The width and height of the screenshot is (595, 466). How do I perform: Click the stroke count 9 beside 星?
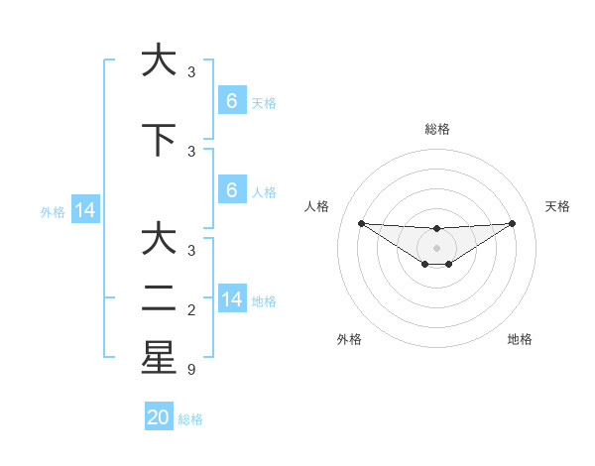point(191,370)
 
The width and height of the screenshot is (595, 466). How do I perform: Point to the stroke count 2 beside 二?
point(191,310)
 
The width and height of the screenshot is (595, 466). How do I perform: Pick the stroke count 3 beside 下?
point(191,151)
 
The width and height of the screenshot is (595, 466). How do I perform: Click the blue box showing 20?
point(159,417)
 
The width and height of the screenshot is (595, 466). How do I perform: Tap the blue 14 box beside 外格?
point(84,210)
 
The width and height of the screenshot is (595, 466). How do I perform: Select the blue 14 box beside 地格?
point(232,299)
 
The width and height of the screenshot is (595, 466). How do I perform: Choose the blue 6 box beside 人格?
point(232,190)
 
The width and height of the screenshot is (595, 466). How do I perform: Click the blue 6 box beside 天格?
point(232,101)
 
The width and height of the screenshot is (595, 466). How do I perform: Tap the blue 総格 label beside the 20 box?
point(190,419)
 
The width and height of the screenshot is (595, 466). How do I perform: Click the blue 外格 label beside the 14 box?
point(53,211)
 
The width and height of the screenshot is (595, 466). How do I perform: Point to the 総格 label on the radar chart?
point(436,129)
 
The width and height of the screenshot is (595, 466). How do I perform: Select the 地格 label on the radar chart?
point(520,339)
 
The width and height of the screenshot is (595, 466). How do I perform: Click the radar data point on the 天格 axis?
point(512,223)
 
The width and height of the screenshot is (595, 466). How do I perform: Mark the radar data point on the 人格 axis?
point(361,223)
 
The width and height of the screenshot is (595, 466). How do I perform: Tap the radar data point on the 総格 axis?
point(436,228)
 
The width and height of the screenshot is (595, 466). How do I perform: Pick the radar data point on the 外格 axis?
point(424,264)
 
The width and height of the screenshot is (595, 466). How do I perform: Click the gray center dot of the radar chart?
point(436,247)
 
